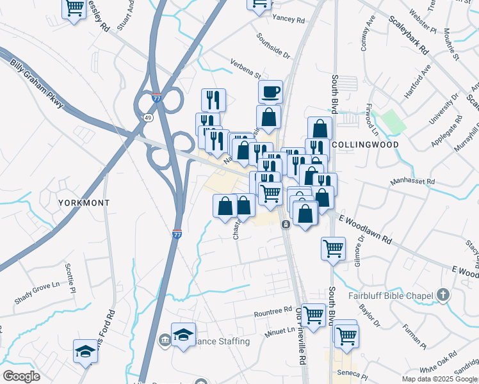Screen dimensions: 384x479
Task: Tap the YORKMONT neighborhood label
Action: coord(84,202)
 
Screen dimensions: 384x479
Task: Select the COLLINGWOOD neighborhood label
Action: coord(366,145)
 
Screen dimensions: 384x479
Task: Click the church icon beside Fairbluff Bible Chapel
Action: coord(442,295)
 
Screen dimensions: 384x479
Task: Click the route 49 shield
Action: coord(148,118)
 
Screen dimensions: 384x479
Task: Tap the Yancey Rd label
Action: coord(288,20)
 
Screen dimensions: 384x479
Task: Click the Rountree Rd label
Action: coord(273,312)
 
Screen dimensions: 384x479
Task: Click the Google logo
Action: coord(21,376)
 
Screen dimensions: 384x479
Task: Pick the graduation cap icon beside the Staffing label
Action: coord(183,334)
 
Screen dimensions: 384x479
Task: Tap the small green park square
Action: coord(389,121)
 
